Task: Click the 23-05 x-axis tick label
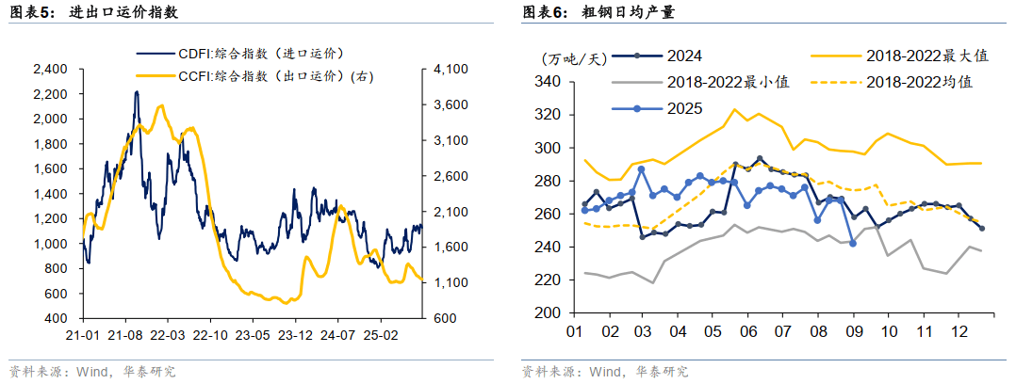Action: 252,334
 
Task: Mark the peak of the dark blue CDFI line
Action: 137,92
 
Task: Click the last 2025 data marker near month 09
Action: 853,243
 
